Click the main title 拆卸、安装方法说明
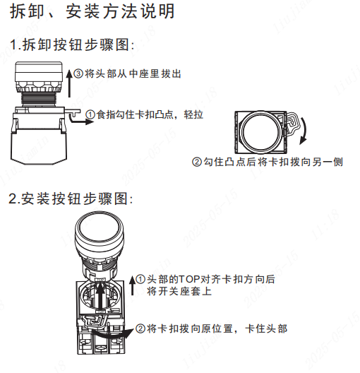click(x=92, y=11)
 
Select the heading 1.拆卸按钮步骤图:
click(x=72, y=45)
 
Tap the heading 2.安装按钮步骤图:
click(x=71, y=199)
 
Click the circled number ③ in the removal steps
click(x=78, y=73)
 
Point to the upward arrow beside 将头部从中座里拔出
click(x=69, y=83)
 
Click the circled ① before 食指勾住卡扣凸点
click(x=90, y=114)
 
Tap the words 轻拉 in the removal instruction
click(x=193, y=114)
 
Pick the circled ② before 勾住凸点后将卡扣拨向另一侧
click(x=197, y=162)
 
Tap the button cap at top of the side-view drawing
click(x=39, y=71)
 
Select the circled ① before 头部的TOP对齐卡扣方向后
click(x=140, y=279)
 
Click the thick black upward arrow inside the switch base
click(x=101, y=297)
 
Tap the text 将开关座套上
click(x=179, y=291)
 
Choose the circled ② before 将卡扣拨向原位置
click(x=140, y=328)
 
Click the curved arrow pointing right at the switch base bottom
click(x=112, y=333)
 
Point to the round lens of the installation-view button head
click(x=99, y=228)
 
